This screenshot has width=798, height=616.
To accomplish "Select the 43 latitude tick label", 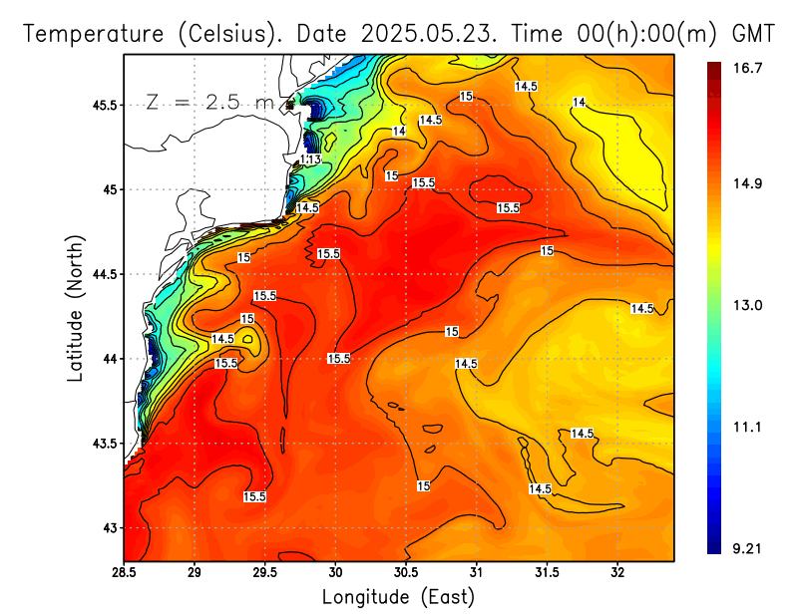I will [x=109, y=527].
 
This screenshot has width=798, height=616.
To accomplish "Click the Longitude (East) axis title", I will [x=397, y=597].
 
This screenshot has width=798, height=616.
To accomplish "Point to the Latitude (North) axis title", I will [x=76, y=309].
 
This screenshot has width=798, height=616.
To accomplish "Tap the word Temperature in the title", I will [x=91, y=34].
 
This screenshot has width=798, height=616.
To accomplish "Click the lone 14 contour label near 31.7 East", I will [x=580, y=103].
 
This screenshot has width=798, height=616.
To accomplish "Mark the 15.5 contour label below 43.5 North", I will [x=254, y=496].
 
